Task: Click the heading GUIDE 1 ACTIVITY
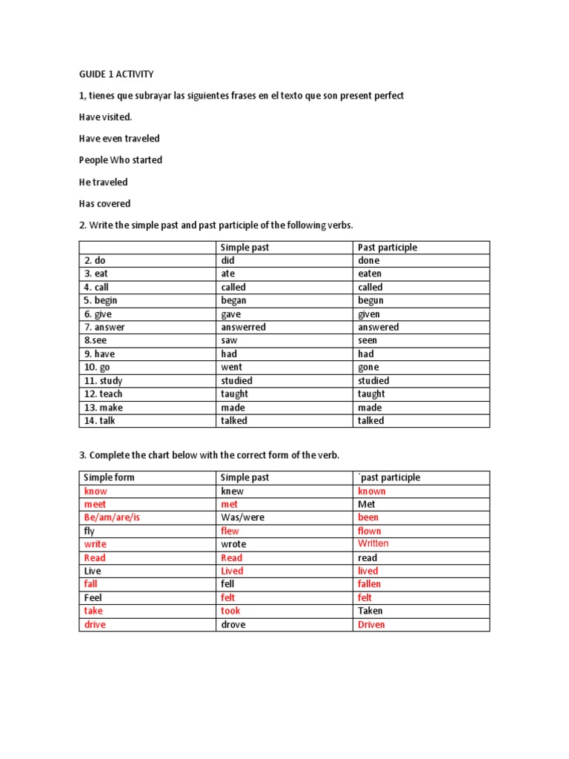(x=117, y=75)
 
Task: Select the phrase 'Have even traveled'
(x=119, y=139)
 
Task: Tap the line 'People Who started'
(x=121, y=160)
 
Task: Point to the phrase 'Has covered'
(x=104, y=203)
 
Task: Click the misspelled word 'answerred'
(x=243, y=327)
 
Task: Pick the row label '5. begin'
(x=101, y=300)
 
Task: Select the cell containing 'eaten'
(x=370, y=274)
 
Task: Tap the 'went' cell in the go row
(x=231, y=367)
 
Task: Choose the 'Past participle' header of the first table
(x=387, y=248)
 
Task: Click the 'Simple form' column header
(x=110, y=477)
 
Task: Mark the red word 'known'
(x=371, y=491)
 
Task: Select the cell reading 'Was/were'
(x=242, y=517)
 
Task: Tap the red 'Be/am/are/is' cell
(x=112, y=517)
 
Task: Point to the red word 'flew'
(x=230, y=531)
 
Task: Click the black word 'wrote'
(x=233, y=544)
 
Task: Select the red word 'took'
(x=230, y=611)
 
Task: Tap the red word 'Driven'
(x=371, y=624)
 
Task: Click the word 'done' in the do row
(x=368, y=260)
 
